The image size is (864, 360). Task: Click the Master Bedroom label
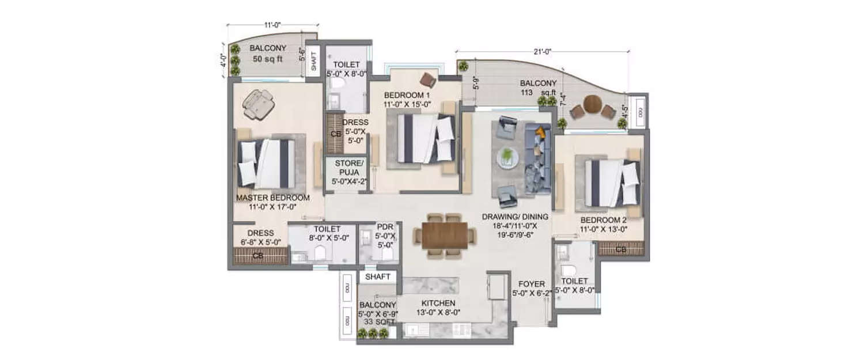pos(272,198)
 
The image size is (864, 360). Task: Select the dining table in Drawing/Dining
pos(445,235)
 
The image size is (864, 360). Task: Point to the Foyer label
pos(528,284)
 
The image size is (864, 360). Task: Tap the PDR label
pos(384,227)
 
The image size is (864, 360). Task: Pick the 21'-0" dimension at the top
pos(542,52)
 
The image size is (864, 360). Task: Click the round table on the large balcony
pos(592,104)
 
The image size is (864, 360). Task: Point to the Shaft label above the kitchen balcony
pos(378,277)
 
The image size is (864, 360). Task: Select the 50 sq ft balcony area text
pos(268,59)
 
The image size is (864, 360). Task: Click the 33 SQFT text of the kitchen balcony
pos(377,323)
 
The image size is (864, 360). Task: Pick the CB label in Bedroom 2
pos(620,250)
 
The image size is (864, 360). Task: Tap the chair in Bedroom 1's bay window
pos(428,79)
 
